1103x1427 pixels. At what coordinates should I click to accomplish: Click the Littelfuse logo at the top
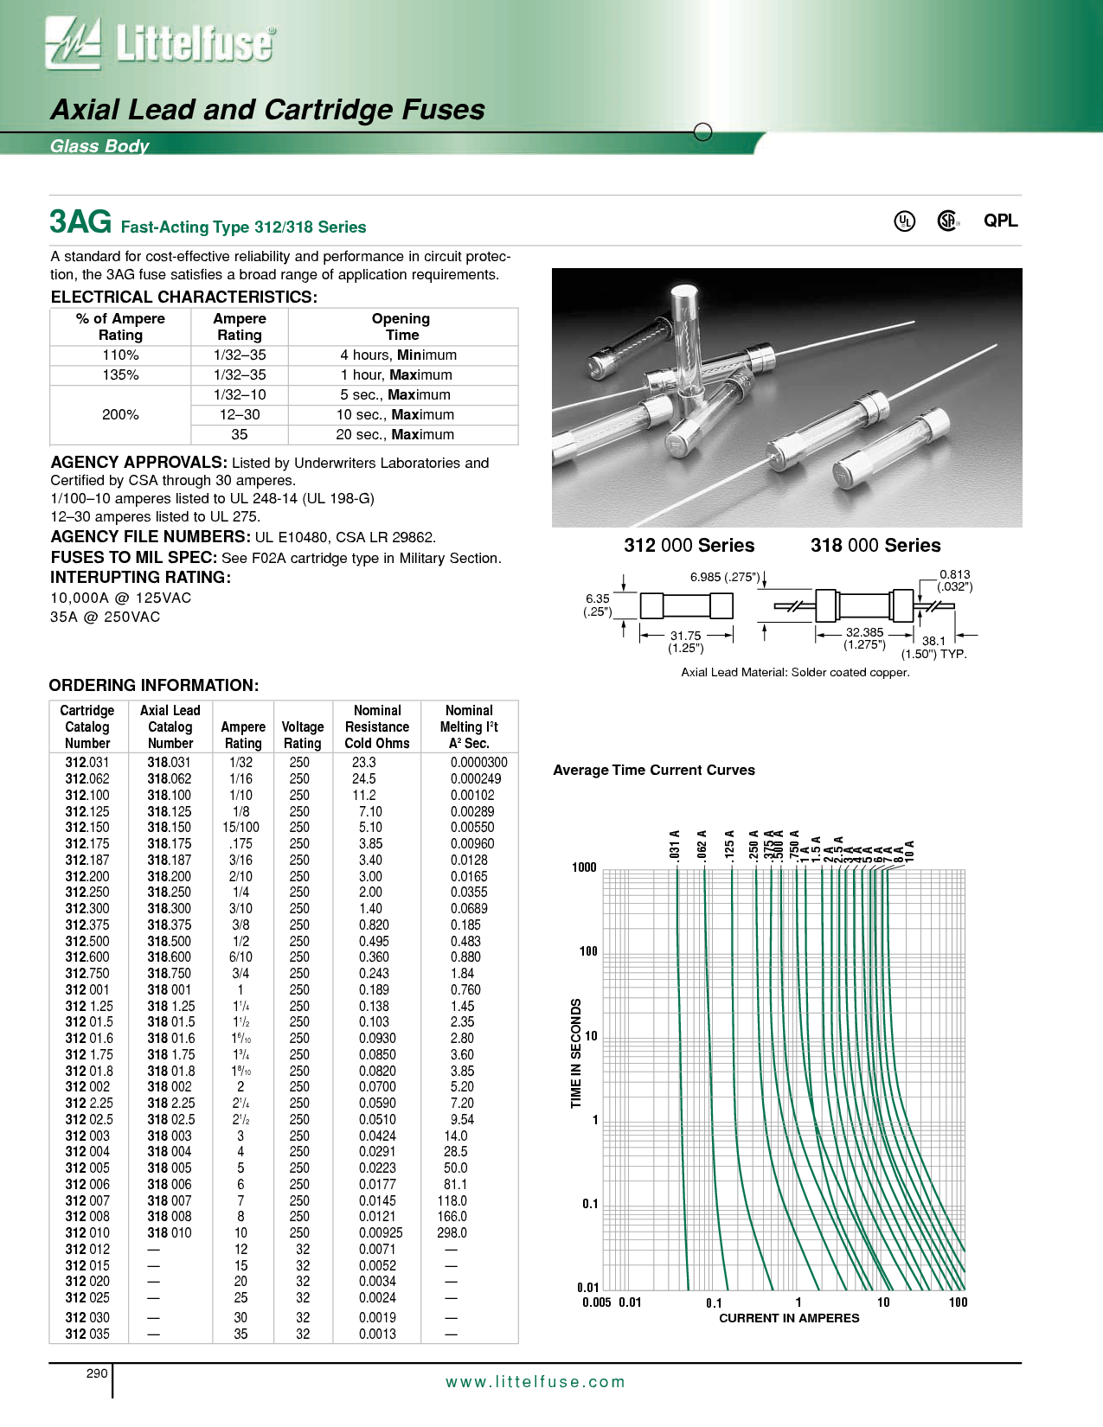coord(161,43)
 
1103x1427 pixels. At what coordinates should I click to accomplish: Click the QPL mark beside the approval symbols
coord(1000,221)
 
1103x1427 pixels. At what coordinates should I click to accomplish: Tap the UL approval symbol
coord(904,221)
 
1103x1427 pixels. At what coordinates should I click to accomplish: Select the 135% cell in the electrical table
coord(120,375)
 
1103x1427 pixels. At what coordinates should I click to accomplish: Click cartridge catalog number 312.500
coord(87,941)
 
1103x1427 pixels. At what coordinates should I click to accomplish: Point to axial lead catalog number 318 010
coord(170,1233)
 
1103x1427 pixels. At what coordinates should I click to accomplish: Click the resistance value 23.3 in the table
coord(364,763)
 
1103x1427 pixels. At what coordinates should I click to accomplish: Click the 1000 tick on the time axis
coord(584,867)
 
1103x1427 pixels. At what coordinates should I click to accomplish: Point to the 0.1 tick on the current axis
coord(714,1302)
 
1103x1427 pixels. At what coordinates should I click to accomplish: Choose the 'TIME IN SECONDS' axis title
coord(576,1053)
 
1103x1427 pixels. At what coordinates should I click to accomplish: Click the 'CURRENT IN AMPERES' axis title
coord(789,1318)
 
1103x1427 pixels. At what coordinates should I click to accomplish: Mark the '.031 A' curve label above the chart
coord(675,845)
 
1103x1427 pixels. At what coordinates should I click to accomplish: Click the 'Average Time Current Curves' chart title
coord(654,771)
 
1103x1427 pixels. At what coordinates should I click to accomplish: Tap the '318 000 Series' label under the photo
coord(875,546)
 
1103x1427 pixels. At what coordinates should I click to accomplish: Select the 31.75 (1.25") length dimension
coord(686,642)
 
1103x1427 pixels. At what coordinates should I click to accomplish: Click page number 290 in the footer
coord(97,1373)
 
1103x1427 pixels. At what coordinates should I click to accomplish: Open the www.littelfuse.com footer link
coord(535,1382)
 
